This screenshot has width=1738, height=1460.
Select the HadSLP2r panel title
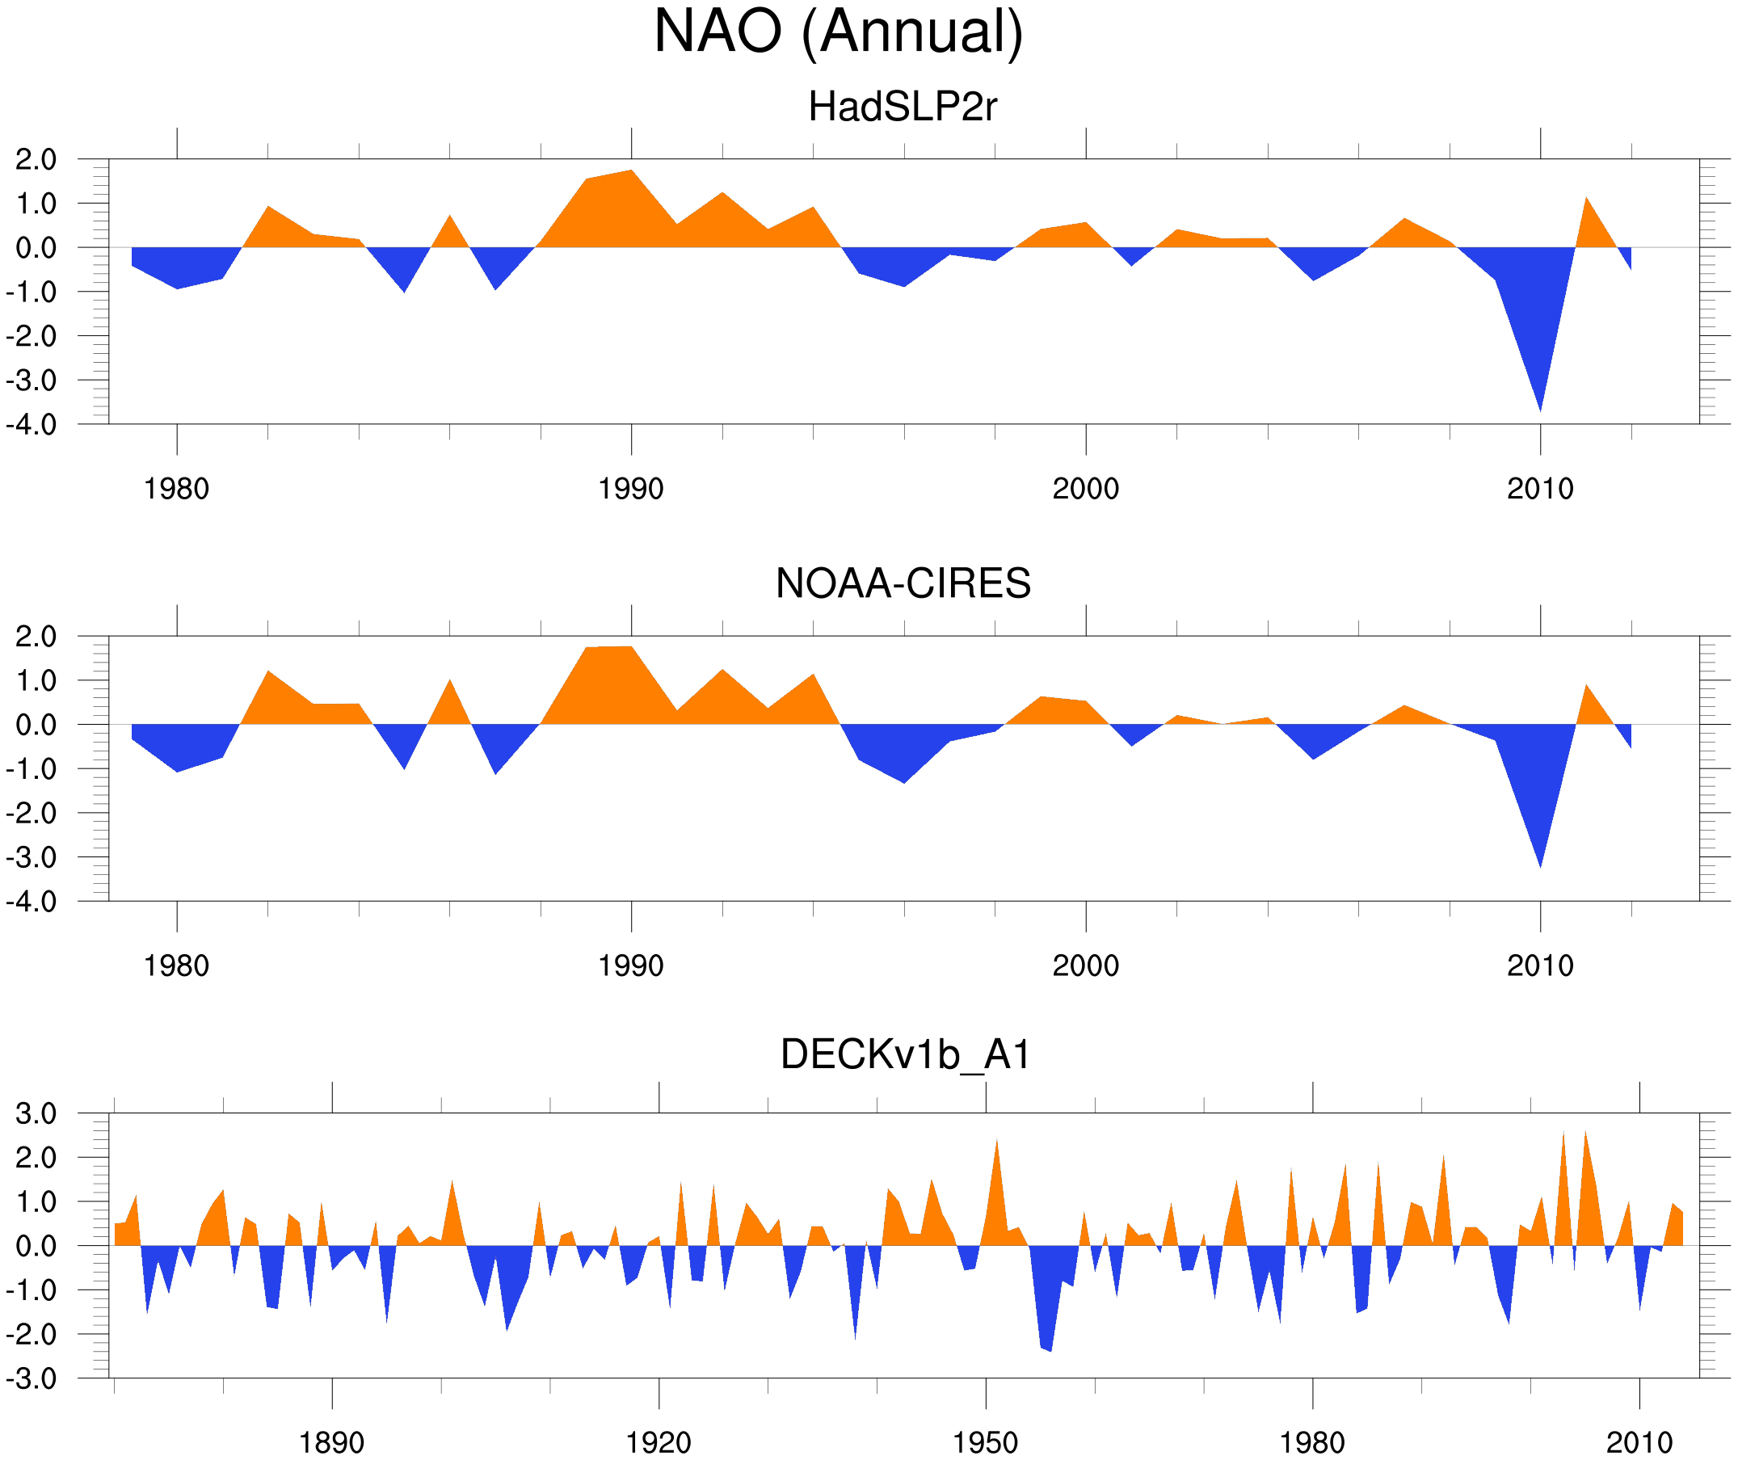902,107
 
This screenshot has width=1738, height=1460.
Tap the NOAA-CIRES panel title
903,583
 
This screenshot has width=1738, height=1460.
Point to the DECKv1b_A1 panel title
906,1055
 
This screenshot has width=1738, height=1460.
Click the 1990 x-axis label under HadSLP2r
631,489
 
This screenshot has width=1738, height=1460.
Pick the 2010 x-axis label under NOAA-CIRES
1539,966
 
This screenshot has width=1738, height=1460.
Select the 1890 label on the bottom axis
331,1442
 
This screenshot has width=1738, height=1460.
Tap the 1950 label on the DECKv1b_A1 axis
985,1442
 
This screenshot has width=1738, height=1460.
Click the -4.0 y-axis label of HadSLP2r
32,426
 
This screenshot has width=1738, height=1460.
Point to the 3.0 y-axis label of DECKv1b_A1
36,1114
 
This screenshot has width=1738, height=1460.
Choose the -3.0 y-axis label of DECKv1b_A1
32,1379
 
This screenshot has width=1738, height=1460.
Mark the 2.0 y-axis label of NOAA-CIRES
36,637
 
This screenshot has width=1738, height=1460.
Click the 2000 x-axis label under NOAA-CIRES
1085,966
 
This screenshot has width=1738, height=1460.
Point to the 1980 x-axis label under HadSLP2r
176,489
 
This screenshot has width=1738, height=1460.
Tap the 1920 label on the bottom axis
658,1442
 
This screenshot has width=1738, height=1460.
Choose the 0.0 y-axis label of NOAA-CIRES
36,726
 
